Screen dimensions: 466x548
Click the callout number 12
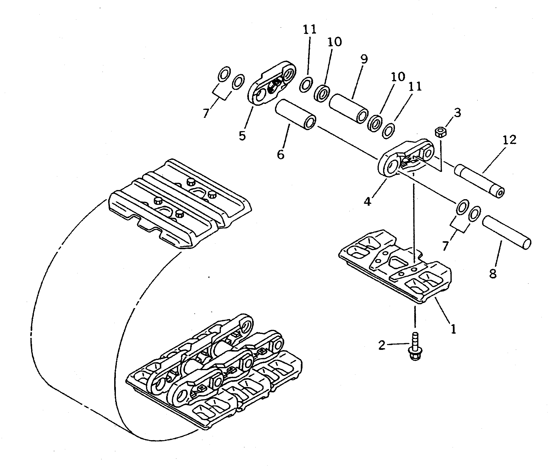pos(509,140)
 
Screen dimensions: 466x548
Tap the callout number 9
pos(364,59)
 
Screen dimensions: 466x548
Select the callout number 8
pos(493,274)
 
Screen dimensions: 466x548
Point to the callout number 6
pos(281,154)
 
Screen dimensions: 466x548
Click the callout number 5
pos(242,136)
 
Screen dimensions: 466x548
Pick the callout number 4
pos(367,202)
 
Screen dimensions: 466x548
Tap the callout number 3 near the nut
pos(457,113)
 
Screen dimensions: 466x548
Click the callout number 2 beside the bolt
pos(382,345)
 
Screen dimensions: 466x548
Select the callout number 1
pos(453,329)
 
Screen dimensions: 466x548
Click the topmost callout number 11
pos(309,30)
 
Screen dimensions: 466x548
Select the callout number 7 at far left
pos(206,113)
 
